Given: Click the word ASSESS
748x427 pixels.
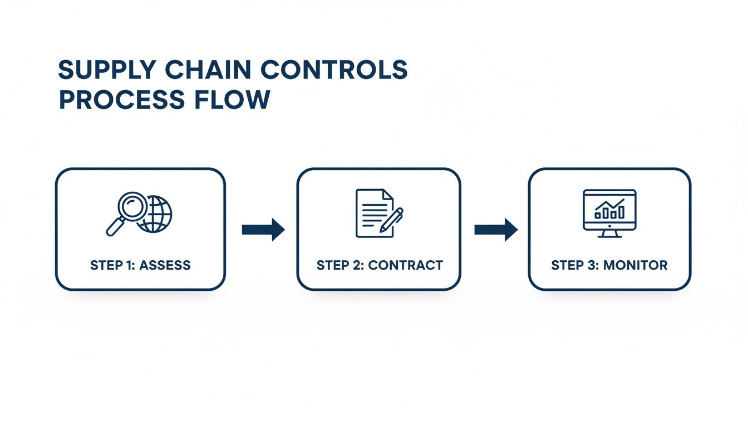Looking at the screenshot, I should [165, 265].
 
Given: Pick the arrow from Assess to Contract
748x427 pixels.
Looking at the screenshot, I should [263, 230].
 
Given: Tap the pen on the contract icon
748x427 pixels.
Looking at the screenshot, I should [392, 221].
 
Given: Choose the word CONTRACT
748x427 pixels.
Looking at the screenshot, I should [406, 265].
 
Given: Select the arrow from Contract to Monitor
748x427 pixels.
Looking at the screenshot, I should [495, 230].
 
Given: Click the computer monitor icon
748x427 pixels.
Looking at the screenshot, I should [609, 210].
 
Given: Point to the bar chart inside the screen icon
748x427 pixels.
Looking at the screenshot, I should [609, 210].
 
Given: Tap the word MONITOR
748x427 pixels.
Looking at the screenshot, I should [635, 265].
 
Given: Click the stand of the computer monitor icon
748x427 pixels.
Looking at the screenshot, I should [609, 234].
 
